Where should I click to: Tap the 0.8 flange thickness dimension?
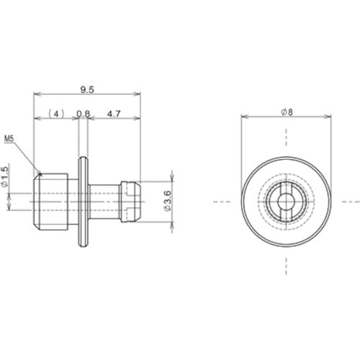pos(83,113)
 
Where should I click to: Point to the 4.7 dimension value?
pos(114,113)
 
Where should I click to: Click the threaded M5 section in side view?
pos(53,202)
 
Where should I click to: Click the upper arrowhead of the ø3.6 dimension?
pos(171,179)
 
